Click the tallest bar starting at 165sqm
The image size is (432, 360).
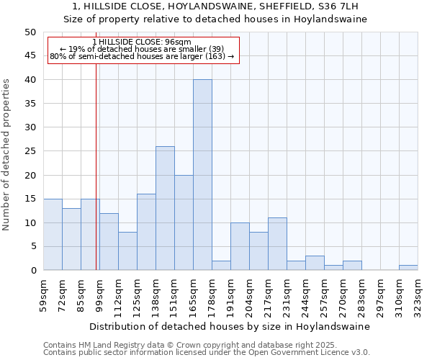tap(202, 175)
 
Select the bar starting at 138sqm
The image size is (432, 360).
tap(165, 208)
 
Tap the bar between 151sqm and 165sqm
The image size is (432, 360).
tap(184, 222)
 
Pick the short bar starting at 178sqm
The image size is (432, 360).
tap(221, 266)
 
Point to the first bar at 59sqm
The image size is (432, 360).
tap(53, 235)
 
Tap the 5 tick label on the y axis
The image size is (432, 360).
tap(32, 247)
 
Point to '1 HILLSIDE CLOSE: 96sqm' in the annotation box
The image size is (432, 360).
tap(143, 42)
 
